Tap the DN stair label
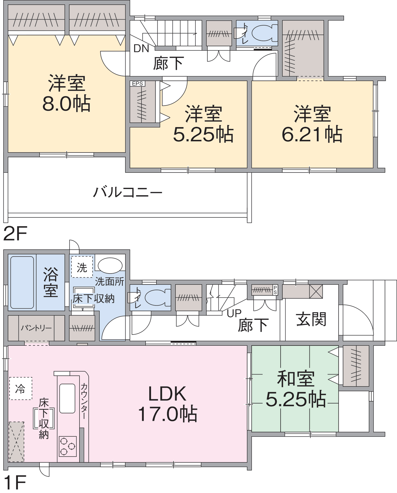(x=141, y=48)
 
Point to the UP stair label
(x=234, y=313)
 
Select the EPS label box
(x=137, y=84)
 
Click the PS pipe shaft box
(x=275, y=290)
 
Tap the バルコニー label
(x=128, y=192)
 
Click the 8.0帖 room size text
(x=66, y=104)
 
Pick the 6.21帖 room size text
(x=312, y=134)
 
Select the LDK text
(x=167, y=394)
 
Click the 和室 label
(x=296, y=379)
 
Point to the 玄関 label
(x=311, y=319)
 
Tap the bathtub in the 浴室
(x=22, y=282)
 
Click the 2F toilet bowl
(x=264, y=33)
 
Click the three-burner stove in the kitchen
(x=68, y=446)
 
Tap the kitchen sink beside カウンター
(x=67, y=398)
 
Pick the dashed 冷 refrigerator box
(x=20, y=388)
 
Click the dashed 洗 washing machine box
(x=82, y=267)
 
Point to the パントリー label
(x=36, y=328)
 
